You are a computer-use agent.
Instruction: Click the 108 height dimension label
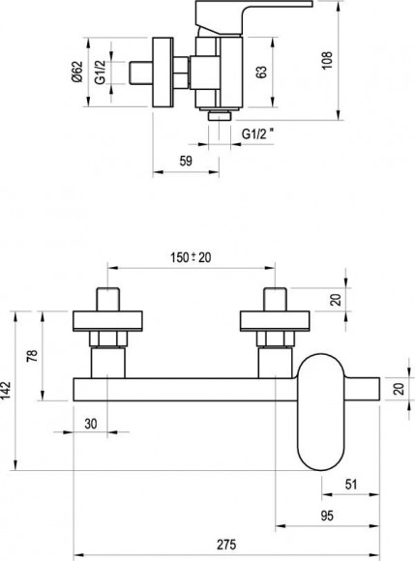pyautogui.click(x=327, y=61)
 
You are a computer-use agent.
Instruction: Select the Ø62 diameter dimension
pyautogui.click(x=77, y=72)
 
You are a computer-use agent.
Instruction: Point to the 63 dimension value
pyautogui.click(x=261, y=72)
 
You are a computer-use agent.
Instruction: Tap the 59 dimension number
pyautogui.click(x=186, y=161)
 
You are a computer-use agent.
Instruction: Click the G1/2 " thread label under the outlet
pyautogui.click(x=259, y=133)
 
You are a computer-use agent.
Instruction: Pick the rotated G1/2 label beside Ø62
pyautogui.click(x=101, y=72)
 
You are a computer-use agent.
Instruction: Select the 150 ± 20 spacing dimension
pyautogui.click(x=191, y=257)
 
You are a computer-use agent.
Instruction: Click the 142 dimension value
pyautogui.click(x=7, y=391)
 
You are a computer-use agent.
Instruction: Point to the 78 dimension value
pyautogui.click(x=32, y=356)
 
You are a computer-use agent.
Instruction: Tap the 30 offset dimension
pyautogui.click(x=91, y=424)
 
